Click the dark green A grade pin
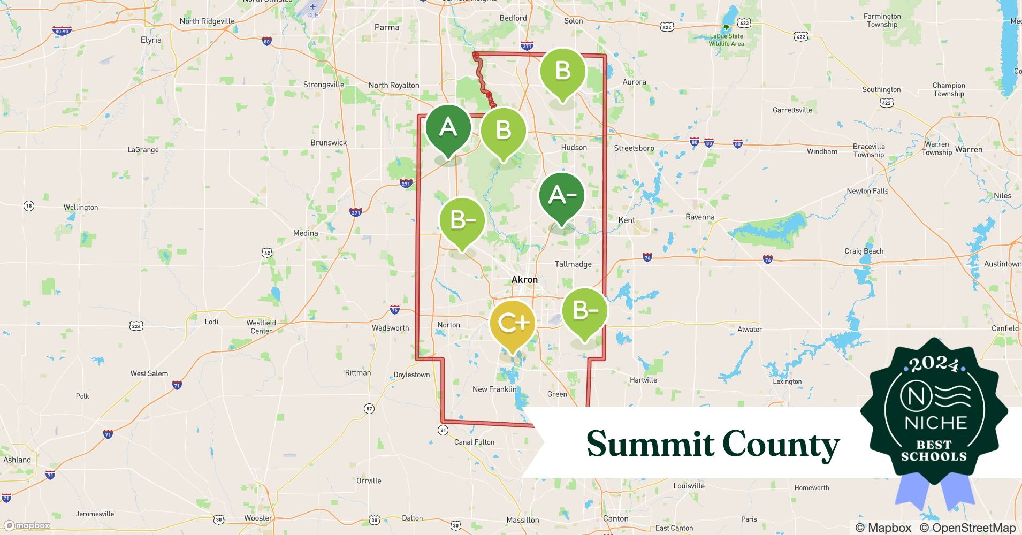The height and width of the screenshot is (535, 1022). (x=448, y=128)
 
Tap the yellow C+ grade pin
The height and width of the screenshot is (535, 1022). (x=513, y=323)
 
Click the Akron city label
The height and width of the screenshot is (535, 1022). (x=524, y=279)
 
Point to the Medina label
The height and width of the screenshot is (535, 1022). (x=306, y=233)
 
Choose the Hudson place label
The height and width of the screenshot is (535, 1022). (x=574, y=148)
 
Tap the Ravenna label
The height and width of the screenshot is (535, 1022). (x=700, y=217)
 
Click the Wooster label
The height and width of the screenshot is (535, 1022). (x=258, y=518)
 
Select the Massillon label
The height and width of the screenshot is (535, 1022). (x=523, y=520)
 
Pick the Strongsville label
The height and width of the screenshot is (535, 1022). (x=324, y=85)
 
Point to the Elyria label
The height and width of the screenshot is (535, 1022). (x=151, y=40)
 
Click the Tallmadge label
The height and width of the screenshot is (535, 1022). (x=573, y=264)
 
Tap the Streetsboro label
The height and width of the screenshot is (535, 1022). (x=634, y=148)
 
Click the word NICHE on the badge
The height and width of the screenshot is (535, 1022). (x=935, y=423)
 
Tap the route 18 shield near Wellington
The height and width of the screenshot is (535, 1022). (x=29, y=206)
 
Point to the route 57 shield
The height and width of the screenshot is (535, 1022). (x=369, y=409)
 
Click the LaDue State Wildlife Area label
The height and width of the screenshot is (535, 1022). (x=726, y=40)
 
